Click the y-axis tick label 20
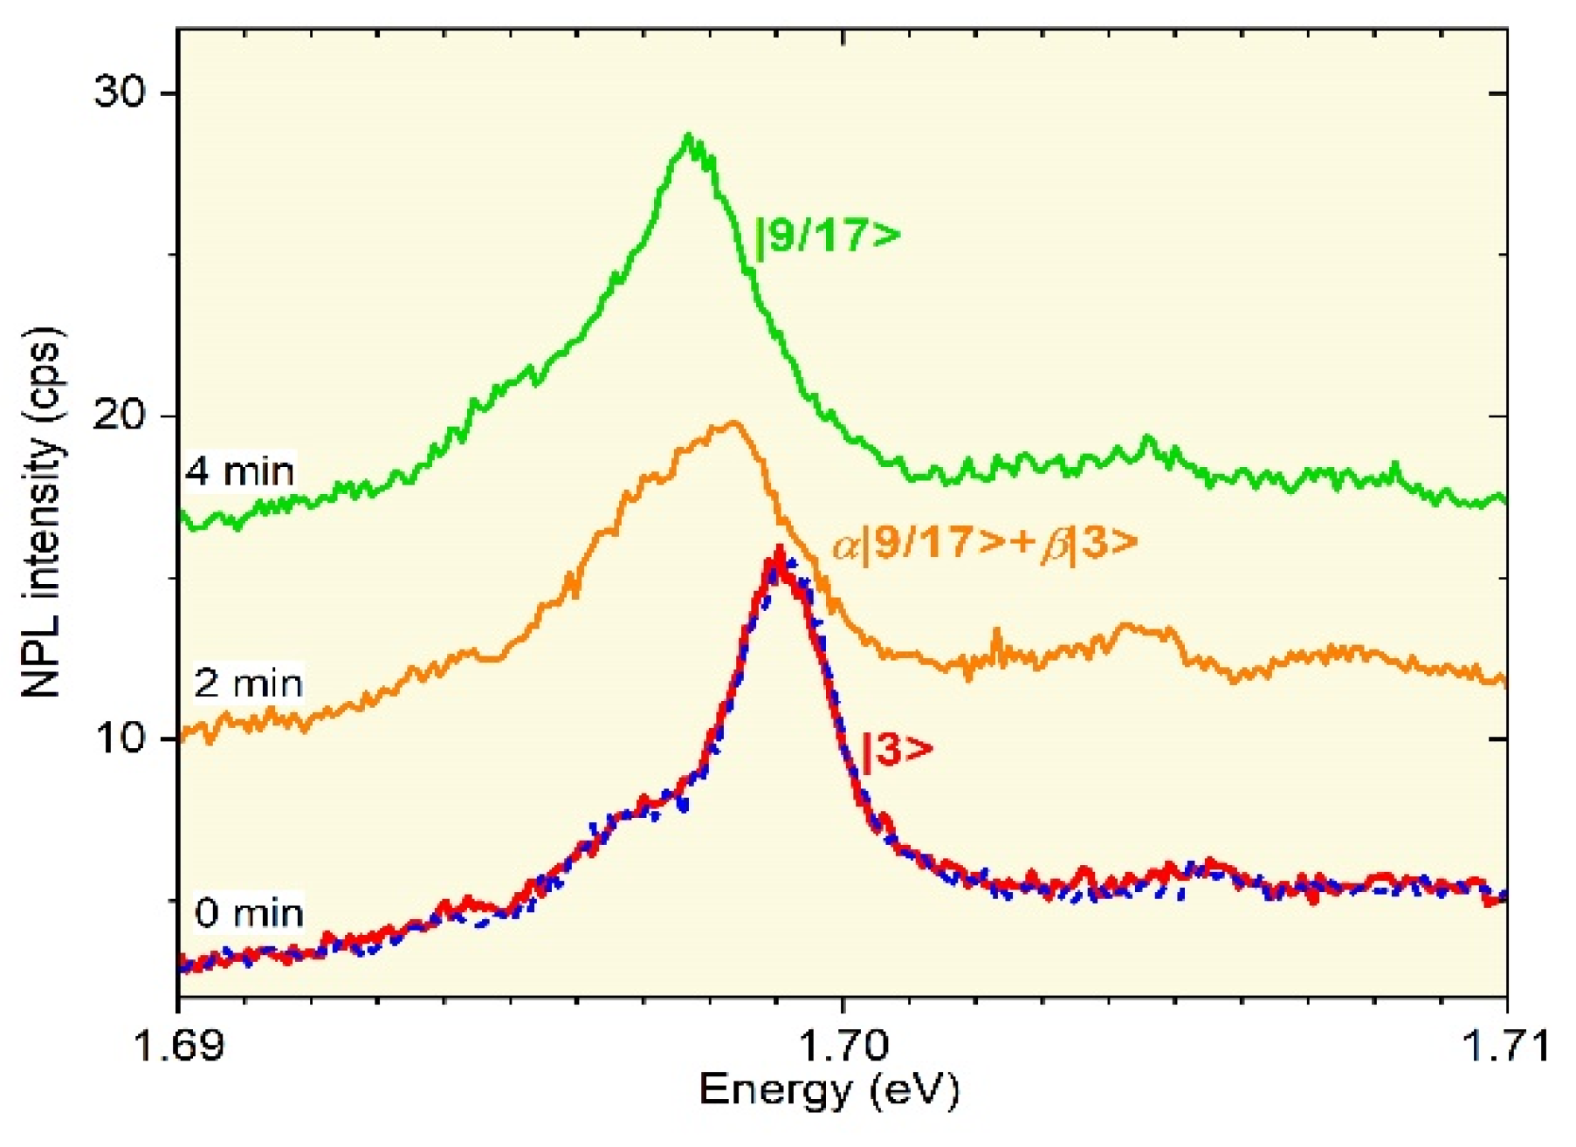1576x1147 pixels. pos(123,416)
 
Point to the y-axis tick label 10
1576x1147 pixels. pos(123,738)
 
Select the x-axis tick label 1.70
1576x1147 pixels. pos(842,1044)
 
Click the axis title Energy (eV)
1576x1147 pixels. pos(829,1090)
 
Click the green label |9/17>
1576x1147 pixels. pos(826,236)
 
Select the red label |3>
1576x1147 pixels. pos(897,750)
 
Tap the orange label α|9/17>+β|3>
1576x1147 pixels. pos(985,544)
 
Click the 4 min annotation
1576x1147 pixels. pos(240,472)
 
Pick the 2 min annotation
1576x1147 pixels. pos(248,683)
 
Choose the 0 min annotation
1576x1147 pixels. pos(249,913)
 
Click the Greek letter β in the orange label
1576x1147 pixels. pos(1055,546)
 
